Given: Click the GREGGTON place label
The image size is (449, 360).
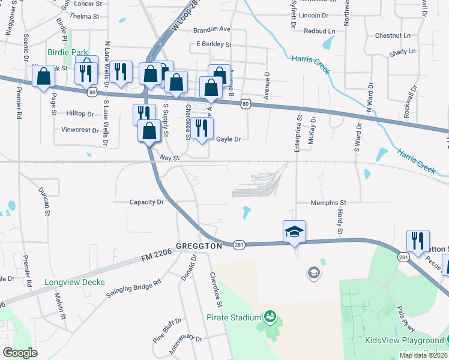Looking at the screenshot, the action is coord(199,246).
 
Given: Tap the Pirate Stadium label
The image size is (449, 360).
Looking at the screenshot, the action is coord(234,317).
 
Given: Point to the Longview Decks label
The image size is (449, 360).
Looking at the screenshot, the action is coord(74,282).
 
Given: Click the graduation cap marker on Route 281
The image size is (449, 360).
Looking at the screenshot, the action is coord(295,232).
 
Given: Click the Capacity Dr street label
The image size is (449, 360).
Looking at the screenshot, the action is coord(146,202).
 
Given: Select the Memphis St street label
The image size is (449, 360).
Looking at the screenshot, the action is coord(328,203).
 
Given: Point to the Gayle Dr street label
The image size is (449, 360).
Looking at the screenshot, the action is coord(228,139).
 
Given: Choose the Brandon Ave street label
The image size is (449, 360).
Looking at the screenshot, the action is coord(212,29).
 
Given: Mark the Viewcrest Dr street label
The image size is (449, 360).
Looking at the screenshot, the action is coord(79,130).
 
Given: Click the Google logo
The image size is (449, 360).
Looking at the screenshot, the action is coord(20,353).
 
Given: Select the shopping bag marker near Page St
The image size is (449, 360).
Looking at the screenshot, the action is coord(44,77).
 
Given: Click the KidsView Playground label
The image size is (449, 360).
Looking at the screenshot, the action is coord(405,340).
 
